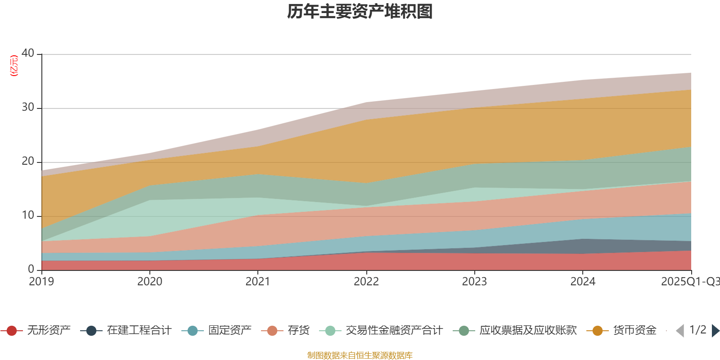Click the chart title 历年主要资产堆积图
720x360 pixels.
(x=360, y=12)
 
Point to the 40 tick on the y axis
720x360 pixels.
(x=28, y=53)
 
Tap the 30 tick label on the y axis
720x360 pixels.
(x=28, y=107)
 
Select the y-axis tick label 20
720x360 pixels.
(x=28, y=161)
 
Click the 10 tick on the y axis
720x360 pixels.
(x=28, y=215)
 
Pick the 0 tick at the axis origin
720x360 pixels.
(x=31, y=269)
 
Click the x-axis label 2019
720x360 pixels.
(x=41, y=282)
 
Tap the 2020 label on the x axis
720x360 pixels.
(x=150, y=282)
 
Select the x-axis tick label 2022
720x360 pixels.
(x=366, y=282)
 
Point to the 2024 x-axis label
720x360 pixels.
(x=583, y=282)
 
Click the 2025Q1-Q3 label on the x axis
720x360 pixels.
(x=689, y=282)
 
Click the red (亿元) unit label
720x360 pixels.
(x=14, y=66)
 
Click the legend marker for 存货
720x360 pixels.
(x=272, y=331)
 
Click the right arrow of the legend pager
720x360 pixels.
(x=715, y=331)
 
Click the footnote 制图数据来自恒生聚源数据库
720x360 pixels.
(x=360, y=355)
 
